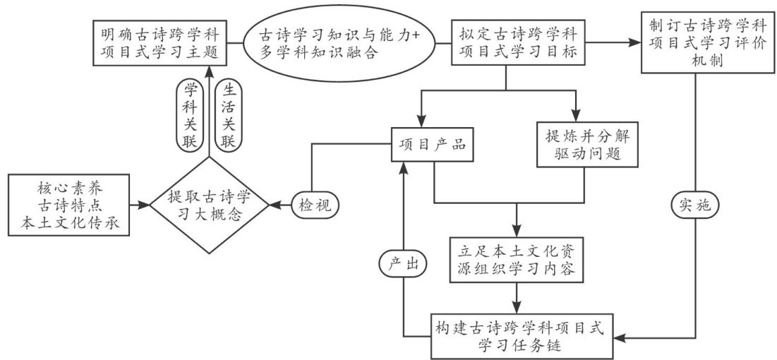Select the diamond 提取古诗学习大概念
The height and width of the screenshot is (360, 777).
click(x=209, y=205)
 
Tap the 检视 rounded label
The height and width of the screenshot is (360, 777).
click(x=314, y=205)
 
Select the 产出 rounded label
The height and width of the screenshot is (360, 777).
click(x=404, y=263)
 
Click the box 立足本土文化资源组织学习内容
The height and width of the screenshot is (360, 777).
click(x=518, y=261)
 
